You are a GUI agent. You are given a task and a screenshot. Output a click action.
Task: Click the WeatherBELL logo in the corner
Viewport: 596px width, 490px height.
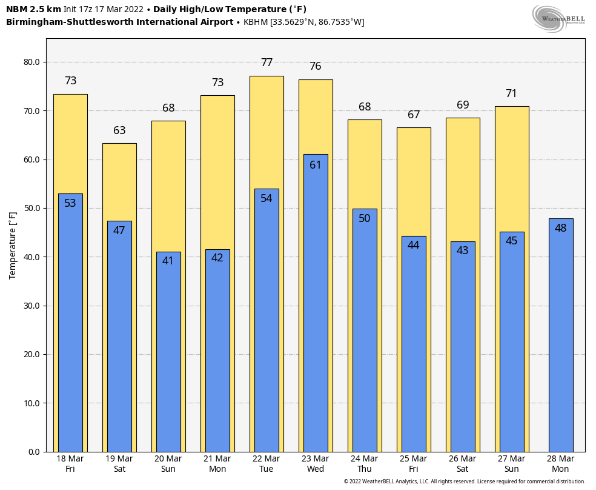pos(559,18)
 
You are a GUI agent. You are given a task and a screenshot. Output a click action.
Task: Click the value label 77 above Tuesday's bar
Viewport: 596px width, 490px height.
pos(267,62)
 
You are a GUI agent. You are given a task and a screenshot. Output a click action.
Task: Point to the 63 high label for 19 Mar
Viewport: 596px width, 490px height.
pos(119,130)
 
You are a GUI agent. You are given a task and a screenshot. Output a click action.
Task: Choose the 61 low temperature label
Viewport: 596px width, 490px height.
pos(316,165)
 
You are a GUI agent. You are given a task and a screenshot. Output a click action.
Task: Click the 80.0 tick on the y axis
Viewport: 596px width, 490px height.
pos(31,62)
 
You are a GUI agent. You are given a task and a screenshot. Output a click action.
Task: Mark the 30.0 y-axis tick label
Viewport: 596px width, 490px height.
pos(31,306)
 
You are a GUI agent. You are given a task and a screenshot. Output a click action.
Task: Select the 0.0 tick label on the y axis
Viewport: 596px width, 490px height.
pos(34,452)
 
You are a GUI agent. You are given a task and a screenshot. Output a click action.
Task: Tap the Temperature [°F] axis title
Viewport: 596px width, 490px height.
pos(13,245)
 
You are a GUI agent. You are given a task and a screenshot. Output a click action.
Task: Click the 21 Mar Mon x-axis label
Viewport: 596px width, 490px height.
pos(217,464)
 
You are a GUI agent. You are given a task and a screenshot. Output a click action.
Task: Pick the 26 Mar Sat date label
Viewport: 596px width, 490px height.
pos(463,464)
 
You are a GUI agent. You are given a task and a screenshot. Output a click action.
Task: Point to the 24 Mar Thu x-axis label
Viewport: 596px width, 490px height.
pos(365,464)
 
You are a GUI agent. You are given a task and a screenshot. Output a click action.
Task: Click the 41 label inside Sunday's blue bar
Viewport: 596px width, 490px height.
pos(168,261)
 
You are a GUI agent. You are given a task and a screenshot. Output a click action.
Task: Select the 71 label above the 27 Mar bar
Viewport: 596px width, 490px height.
pos(512,93)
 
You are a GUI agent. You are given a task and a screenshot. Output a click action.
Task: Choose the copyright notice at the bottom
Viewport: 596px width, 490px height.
pos(465,482)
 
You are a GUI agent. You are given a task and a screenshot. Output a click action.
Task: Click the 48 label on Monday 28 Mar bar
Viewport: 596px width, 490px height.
pos(561,228)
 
